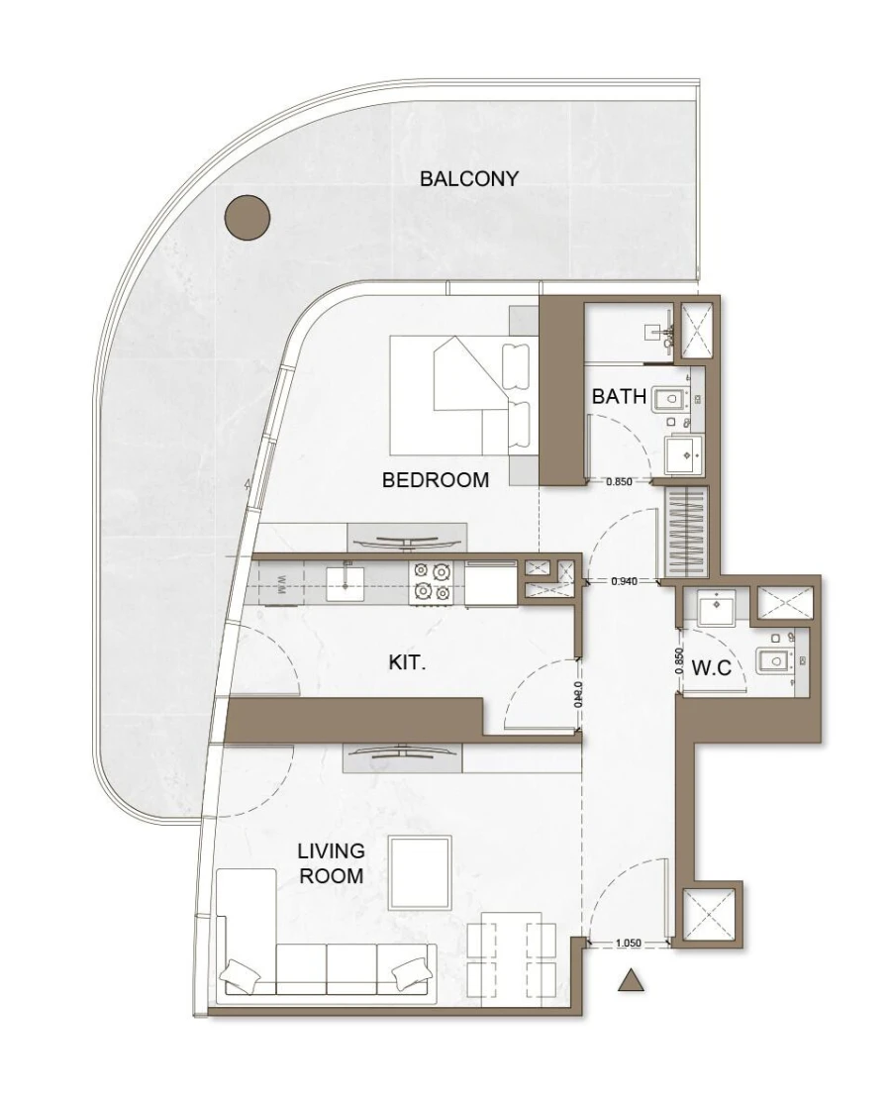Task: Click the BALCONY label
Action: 469,179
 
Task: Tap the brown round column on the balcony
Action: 247,217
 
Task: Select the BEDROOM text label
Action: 436,480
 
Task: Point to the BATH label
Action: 619,397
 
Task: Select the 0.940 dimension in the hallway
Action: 624,581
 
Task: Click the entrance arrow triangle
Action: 631,980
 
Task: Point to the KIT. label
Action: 407,663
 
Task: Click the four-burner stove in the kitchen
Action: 433,581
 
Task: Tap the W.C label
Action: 711,667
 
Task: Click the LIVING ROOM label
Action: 332,863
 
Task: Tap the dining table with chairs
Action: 512,956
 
